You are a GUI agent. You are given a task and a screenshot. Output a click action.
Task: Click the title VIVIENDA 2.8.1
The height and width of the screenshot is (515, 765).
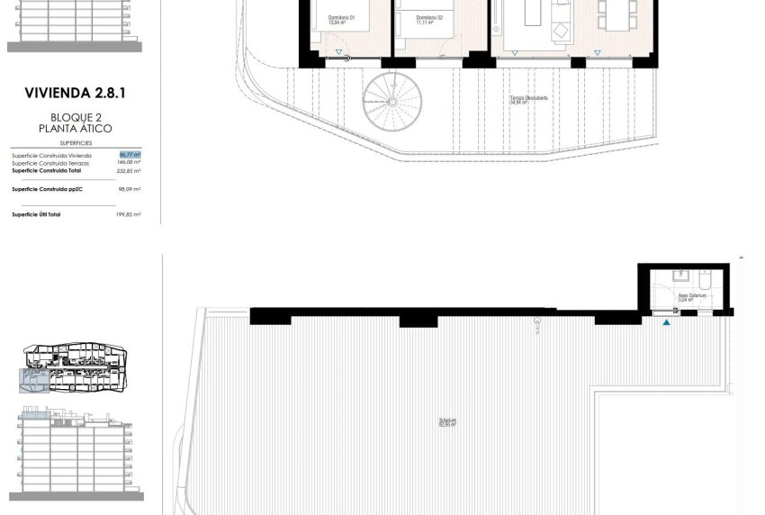point(75,91)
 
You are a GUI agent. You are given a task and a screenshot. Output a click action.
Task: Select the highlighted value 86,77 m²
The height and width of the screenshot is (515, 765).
point(130,155)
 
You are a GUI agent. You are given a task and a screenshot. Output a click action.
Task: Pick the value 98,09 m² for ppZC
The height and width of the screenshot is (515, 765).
point(130,189)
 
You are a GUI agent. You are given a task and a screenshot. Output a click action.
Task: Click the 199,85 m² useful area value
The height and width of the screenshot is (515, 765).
point(130,214)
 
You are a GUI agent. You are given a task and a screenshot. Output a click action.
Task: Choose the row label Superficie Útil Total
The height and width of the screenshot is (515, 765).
point(36,214)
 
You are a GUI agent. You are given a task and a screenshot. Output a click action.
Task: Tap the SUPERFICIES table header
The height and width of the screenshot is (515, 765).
point(75,143)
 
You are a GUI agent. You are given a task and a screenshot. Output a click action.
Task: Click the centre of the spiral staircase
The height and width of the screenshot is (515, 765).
point(393,102)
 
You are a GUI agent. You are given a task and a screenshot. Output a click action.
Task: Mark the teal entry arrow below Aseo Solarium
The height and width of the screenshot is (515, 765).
point(666,321)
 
